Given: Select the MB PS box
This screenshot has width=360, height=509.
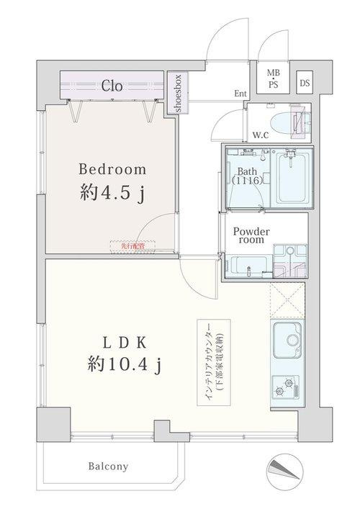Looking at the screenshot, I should (274, 77).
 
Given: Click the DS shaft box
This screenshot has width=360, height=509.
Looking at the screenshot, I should (305, 82).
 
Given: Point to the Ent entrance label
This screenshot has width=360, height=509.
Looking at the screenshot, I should (240, 94).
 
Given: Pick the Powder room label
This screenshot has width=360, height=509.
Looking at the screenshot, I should (250, 237).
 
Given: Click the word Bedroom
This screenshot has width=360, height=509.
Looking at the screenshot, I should (112, 170).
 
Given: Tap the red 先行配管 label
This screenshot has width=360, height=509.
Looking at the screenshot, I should (128, 246).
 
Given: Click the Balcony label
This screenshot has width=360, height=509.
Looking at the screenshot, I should (109, 467).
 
